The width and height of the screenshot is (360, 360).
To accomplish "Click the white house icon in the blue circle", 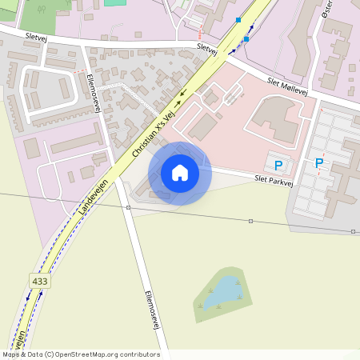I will coord(180,173).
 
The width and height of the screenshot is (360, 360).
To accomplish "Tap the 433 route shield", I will coord(39,282).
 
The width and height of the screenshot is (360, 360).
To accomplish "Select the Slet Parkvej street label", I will coord(274,180).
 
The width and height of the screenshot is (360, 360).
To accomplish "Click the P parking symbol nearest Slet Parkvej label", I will coord(278,166).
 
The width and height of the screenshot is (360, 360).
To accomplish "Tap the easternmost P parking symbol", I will coord(319,163).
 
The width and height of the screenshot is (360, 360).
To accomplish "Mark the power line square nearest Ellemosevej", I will coord(128,207).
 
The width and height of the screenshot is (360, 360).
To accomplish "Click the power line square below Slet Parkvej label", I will coord(251,220).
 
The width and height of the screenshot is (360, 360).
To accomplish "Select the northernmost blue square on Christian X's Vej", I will coord(238,19).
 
